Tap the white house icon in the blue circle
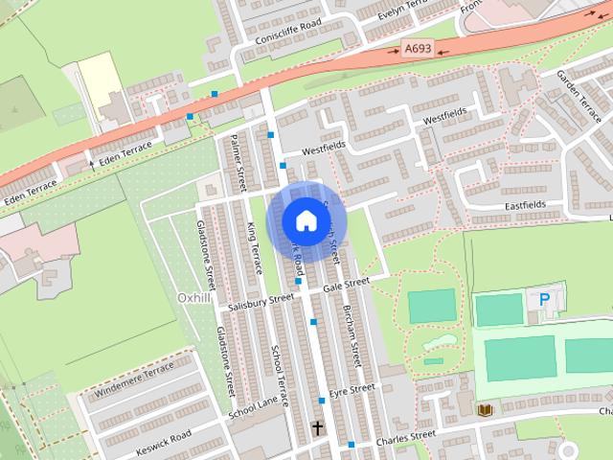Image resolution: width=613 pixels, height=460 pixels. point(306,220)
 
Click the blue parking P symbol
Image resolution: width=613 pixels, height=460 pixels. point(544,300)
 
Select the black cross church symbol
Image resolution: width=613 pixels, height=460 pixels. point(317,426)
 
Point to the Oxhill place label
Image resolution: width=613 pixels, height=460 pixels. point(194,298)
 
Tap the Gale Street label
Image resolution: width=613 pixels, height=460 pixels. point(346,285)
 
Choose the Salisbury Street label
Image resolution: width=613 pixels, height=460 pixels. point(261,302)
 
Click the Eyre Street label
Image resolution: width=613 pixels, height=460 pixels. point(351,390)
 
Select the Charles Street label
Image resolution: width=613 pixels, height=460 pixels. point(405,436)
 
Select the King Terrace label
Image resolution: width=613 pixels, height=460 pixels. point(254,247)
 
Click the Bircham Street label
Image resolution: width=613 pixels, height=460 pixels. point(352,335)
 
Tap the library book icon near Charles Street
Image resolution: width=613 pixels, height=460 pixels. point(485,410)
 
